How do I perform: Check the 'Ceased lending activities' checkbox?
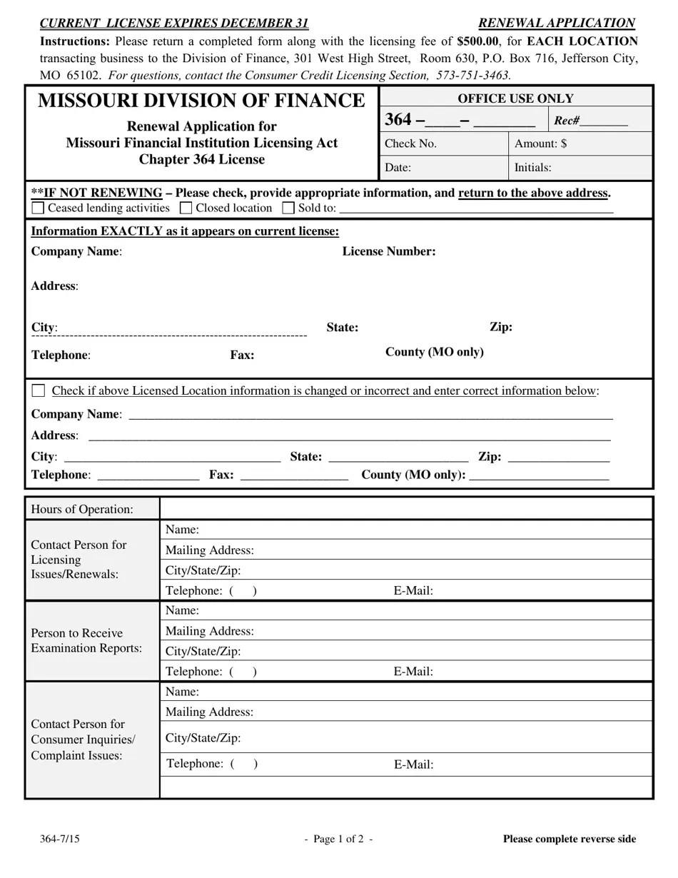pyautogui.click(x=39, y=208)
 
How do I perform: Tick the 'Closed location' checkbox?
pyautogui.click(x=186, y=208)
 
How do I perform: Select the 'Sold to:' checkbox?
pyautogui.click(x=288, y=208)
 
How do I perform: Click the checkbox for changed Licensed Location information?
pyautogui.click(x=39, y=390)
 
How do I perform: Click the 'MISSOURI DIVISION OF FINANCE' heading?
pyautogui.click(x=201, y=101)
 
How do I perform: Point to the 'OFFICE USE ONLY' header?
pyautogui.click(x=515, y=99)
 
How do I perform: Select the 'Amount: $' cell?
pyautogui.click(x=580, y=143)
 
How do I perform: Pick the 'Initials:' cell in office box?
pyautogui.click(x=580, y=168)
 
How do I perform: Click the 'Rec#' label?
pyautogui.click(x=567, y=121)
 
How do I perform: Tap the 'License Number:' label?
pyautogui.click(x=389, y=251)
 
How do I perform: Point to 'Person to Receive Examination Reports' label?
pyautogui.click(x=86, y=640)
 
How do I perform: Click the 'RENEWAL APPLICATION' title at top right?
pyautogui.click(x=556, y=23)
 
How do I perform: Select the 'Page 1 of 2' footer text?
pyautogui.click(x=338, y=839)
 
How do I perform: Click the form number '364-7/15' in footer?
pyautogui.click(x=60, y=839)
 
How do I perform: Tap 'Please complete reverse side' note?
pyautogui.click(x=569, y=839)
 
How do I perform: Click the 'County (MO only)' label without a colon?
pyautogui.click(x=434, y=352)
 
